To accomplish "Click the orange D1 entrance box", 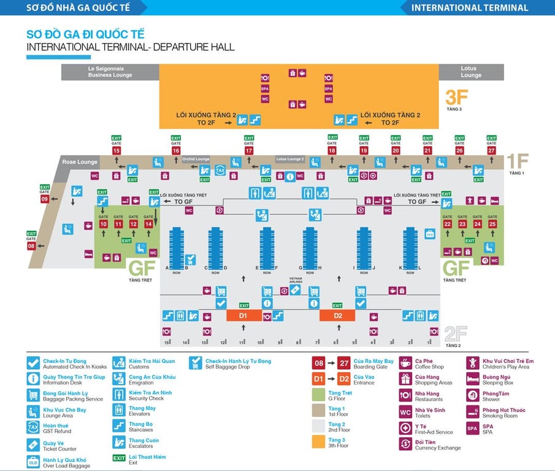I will tap(243, 315).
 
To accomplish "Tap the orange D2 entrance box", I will tap(337, 315).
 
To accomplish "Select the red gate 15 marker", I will tap(117, 150).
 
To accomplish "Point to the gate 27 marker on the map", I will tap(491, 150).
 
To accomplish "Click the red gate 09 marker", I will tap(45, 199).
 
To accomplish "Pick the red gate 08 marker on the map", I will tap(31, 246).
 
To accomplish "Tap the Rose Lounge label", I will tap(80, 163).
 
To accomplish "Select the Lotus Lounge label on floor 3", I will tap(471, 72).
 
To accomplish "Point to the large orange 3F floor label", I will tap(457, 97).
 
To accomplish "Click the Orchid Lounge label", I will tap(196, 159).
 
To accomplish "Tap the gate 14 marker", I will tap(148, 224).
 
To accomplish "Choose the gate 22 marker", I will tap(448, 224).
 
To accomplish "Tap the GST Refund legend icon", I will tap(33, 427).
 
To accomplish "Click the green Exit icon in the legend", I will tap(118, 458).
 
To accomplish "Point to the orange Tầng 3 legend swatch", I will tap(318, 441).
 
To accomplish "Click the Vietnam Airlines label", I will tap(296, 280).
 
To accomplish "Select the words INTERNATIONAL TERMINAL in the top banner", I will tap(469, 8).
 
